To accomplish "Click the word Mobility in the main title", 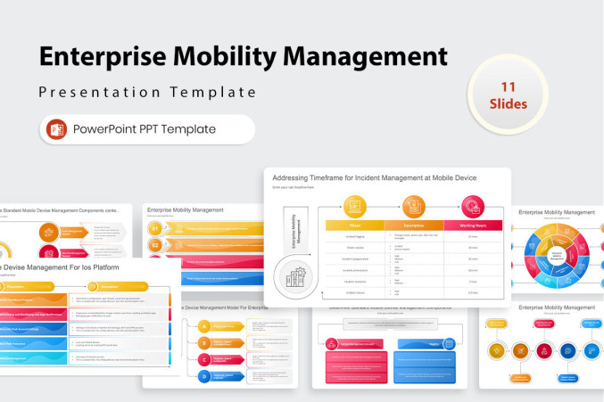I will (x=224, y=57).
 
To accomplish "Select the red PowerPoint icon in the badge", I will (x=57, y=129).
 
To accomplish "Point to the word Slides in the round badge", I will (x=509, y=103).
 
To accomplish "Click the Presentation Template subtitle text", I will (x=147, y=92).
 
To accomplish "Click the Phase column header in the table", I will (x=354, y=226).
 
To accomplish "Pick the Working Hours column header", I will (x=472, y=226).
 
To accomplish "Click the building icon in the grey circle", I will (x=294, y=275).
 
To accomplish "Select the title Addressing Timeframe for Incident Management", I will (x=374, y=177).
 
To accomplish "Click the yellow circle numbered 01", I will (x=155, y=229).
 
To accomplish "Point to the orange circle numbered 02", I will (x=155, y=245).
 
